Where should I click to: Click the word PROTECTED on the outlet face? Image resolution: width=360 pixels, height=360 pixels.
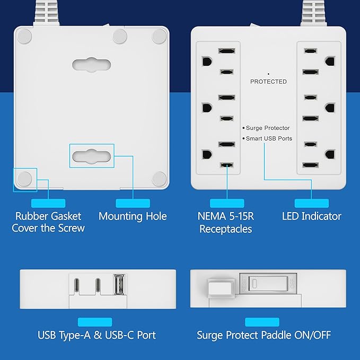268,82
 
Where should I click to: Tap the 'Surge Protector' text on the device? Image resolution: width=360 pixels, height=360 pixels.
268,128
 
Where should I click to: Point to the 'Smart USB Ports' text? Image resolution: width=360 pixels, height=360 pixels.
269,138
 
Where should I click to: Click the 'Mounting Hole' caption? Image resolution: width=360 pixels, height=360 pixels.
133,216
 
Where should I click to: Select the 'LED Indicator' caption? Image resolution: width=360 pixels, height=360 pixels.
311,216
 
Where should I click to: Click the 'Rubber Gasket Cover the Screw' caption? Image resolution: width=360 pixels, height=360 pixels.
48,222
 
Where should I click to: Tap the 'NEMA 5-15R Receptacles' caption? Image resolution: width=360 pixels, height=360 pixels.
225,222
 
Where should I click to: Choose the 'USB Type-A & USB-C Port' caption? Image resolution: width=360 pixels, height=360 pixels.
96,335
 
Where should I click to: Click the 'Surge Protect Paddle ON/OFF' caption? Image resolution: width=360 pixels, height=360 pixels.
264,335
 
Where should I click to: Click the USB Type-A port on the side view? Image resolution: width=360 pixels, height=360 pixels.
120,284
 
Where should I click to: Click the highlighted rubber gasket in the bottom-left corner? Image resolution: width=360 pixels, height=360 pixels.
24,179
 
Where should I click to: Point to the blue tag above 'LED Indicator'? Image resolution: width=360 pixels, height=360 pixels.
311,203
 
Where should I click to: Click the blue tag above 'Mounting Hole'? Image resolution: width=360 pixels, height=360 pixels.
133,203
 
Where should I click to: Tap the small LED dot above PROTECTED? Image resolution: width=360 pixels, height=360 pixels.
268,74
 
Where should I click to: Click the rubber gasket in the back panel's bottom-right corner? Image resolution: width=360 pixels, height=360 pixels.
159,179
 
